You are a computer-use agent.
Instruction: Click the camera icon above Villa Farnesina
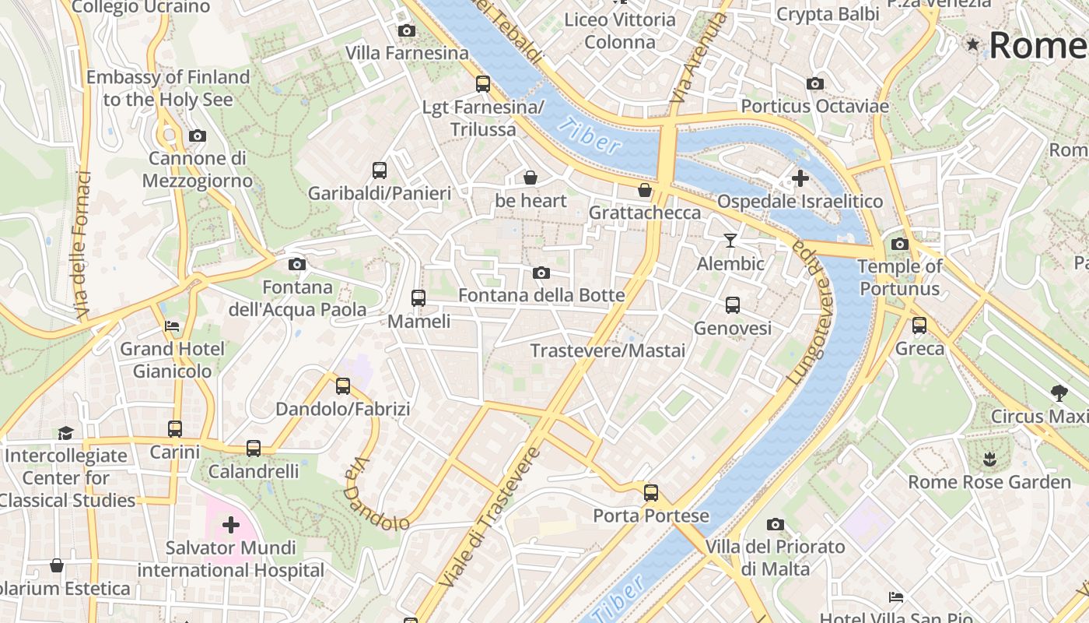406,31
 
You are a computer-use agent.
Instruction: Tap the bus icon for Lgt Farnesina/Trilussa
483,84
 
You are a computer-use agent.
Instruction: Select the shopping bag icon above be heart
530,178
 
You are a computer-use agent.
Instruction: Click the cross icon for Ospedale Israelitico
800,179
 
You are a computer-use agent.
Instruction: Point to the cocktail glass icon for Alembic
730,241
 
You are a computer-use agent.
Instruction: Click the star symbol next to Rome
972,44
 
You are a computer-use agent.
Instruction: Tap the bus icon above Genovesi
732,305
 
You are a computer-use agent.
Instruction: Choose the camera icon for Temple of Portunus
900,244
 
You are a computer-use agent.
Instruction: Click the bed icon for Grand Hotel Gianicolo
172,326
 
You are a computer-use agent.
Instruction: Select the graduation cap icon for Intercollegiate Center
65,433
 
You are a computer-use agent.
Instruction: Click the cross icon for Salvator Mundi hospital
231,525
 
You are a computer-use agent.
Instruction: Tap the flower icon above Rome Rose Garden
989,459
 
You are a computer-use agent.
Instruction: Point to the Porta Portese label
651,516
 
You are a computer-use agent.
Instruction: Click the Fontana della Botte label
541,295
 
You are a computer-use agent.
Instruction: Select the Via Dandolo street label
376,494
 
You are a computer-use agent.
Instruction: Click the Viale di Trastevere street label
489,517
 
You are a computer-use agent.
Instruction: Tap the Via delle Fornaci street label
84,245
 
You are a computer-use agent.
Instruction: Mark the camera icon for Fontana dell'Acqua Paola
296,265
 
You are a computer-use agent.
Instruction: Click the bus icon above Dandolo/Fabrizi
342,386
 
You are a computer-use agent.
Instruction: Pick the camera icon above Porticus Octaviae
814,83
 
